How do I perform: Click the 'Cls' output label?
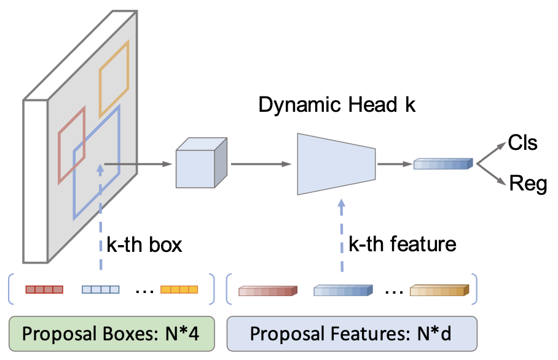coord(523,143)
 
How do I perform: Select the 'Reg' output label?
coord(527,184)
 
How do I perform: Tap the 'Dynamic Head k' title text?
coord(337,105)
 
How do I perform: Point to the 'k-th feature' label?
coord(402,245)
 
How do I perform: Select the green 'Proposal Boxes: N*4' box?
coord(111,334)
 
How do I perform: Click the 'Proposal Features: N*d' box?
coord(352,334)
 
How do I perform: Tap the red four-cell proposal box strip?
coord(44,289)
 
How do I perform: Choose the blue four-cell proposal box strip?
coord(100,289)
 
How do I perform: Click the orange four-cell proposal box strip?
coord(179,289)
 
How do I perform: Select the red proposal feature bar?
coord(267,291)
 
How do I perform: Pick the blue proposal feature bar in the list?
coord(343,291)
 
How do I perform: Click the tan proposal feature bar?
coord(439,291)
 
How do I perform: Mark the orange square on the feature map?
coord(114,73)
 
